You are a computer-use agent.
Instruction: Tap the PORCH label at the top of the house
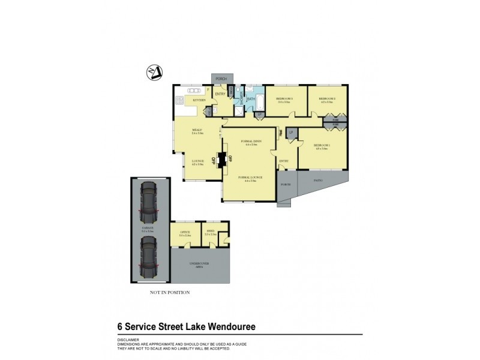point(220,79)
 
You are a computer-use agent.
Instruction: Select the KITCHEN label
point(199,99)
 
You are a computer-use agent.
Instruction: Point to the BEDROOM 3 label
point(284,98)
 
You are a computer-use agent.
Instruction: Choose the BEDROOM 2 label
point(327,98)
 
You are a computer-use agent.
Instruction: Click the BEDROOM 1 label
point(322,145)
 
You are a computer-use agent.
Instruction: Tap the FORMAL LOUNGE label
point(247,178)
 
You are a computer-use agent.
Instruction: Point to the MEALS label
point(196,130)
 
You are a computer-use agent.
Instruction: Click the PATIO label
point(318,179)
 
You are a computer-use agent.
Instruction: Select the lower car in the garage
point(148,256)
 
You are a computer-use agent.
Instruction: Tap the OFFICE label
point(185,232)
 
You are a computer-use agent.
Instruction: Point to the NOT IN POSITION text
point(170,292)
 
